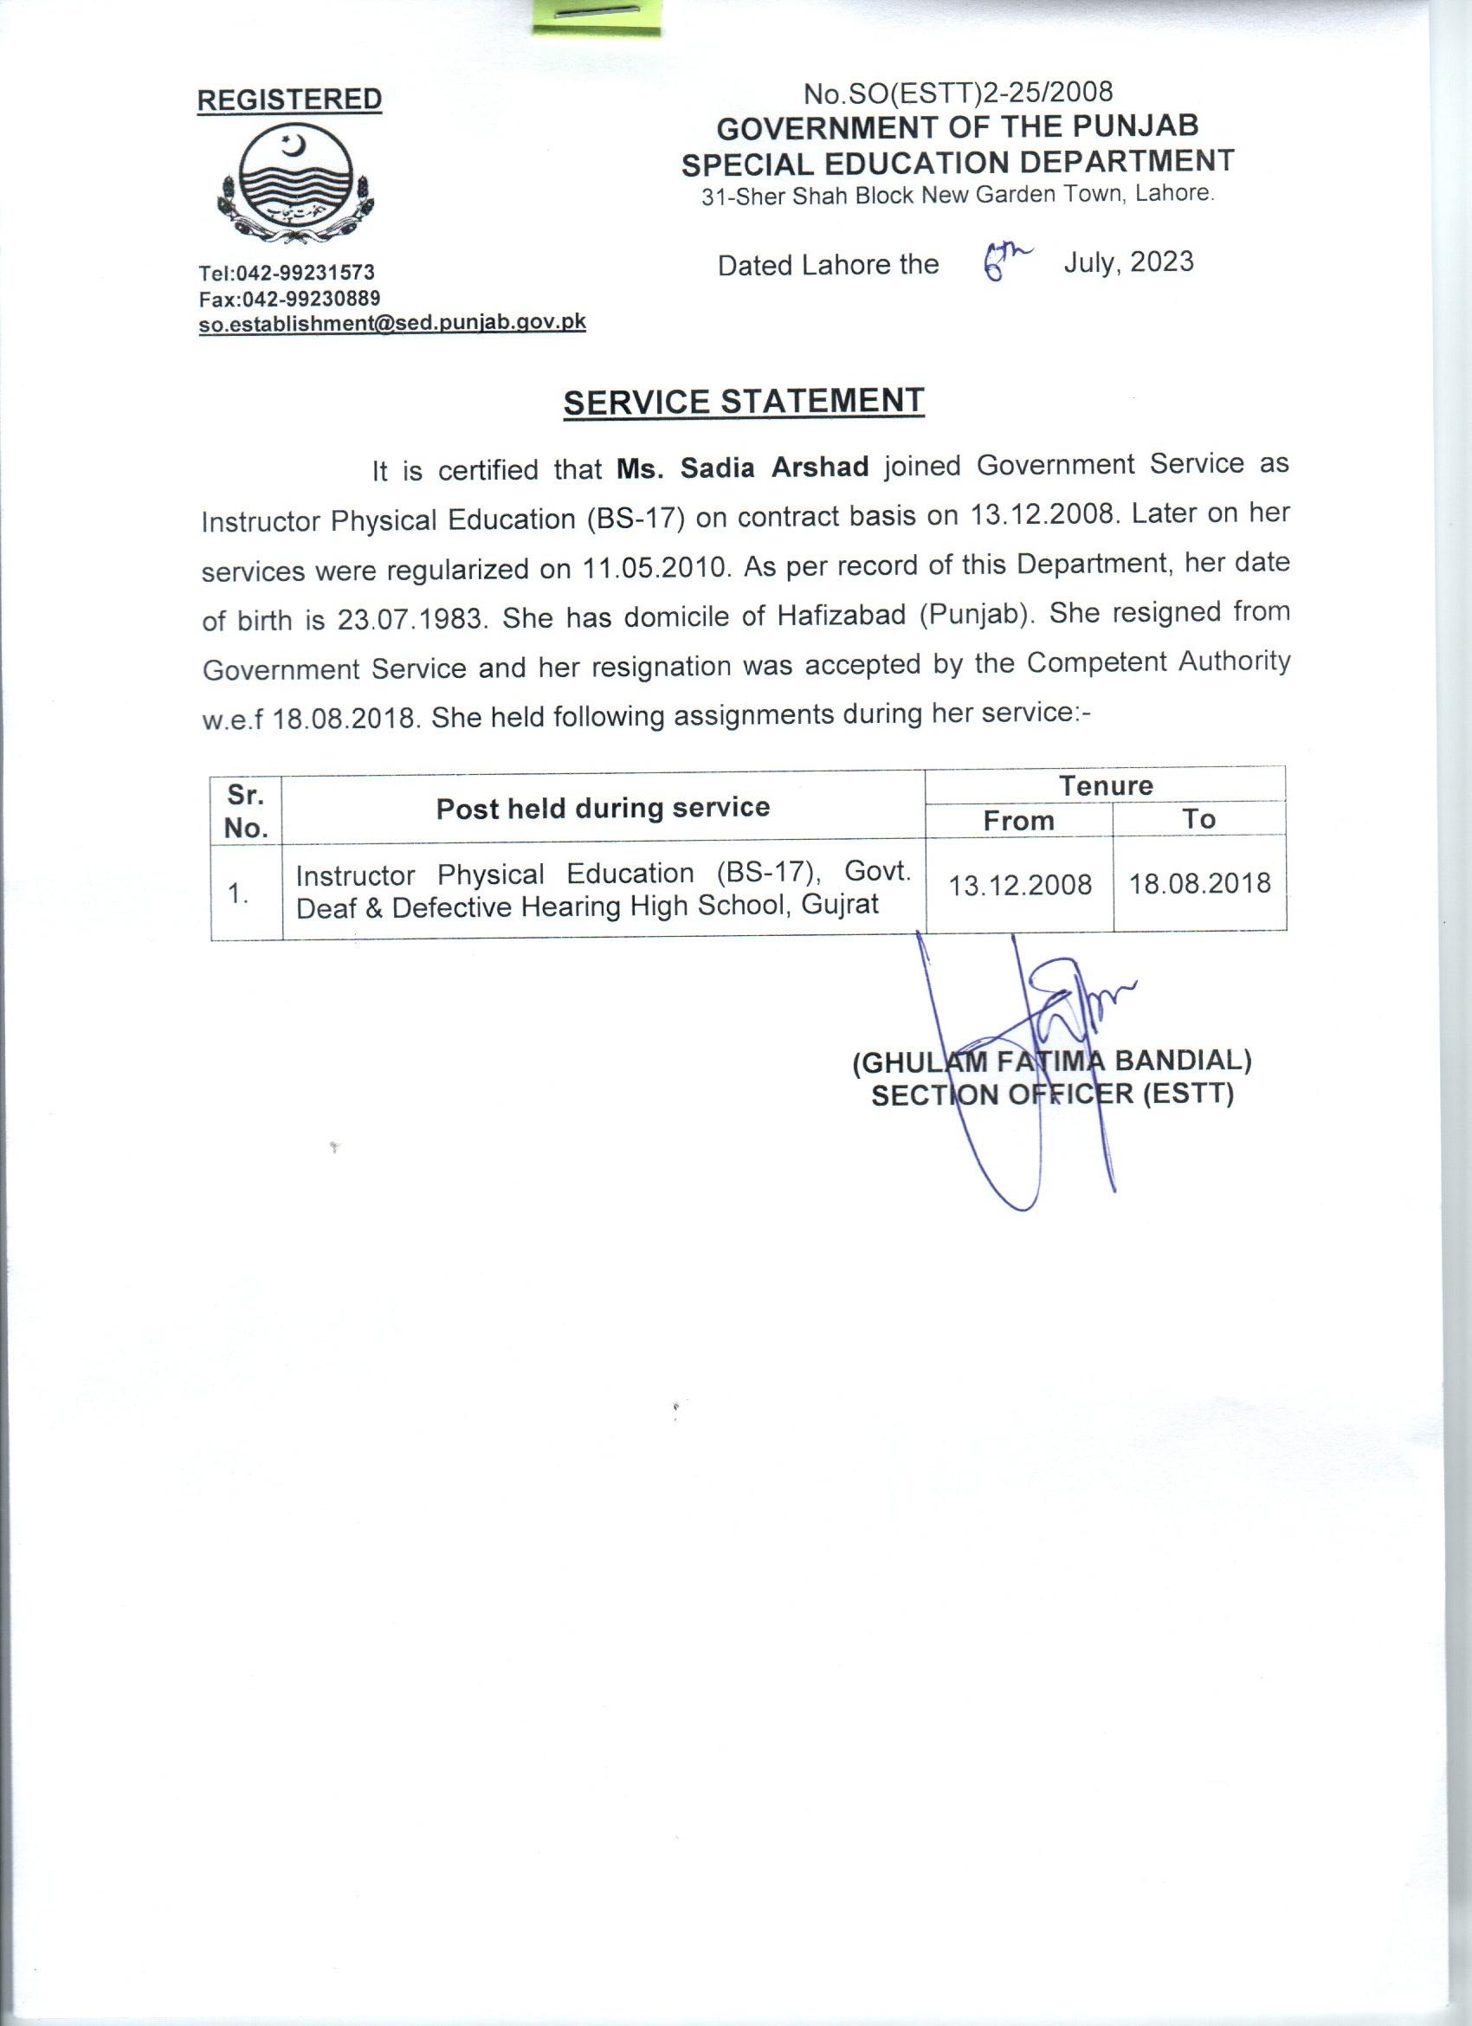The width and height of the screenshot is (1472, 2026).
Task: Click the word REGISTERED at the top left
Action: point(288,100)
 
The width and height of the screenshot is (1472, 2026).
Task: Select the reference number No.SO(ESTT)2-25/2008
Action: point(959,92)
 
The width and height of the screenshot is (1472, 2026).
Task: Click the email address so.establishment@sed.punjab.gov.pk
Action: point(392,323)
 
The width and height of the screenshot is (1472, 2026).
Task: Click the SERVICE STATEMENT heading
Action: point(743,402)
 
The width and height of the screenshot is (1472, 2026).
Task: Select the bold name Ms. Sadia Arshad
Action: point(743,468)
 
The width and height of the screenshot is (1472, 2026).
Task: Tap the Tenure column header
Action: point(1106,785)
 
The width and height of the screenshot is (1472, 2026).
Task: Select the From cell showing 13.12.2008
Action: point(1020,885)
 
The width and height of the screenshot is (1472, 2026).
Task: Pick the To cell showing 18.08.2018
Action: point(1199,883)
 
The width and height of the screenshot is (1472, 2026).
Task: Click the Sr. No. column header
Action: point(247,810)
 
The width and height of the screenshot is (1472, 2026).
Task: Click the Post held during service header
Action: point(603,808)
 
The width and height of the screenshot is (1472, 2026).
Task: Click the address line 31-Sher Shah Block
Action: point(958,196)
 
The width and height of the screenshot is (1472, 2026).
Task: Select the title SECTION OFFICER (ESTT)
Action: point(1052,1094)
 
